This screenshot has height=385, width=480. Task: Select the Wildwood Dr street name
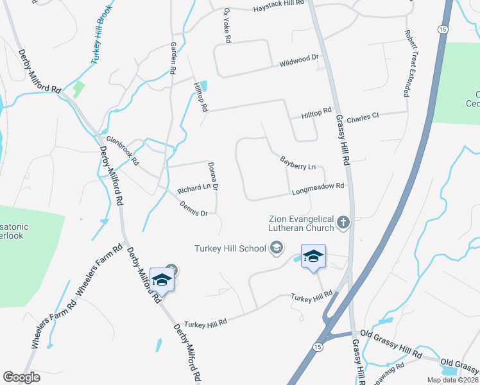point(299,61)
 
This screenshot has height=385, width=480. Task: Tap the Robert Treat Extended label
point(407,63)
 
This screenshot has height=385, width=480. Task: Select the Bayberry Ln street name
point(298,162)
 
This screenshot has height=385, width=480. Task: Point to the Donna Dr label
point(214,177)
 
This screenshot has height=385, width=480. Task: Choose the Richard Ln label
point(194,189)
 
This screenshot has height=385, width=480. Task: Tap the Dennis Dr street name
point(194,209)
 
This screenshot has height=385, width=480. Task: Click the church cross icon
point(343,223)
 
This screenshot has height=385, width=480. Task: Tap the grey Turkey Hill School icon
point(277,248)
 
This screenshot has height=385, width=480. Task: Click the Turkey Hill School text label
point(230,248)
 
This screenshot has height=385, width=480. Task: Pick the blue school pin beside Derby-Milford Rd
point(162,280)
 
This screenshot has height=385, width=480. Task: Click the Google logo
point(21,377)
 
